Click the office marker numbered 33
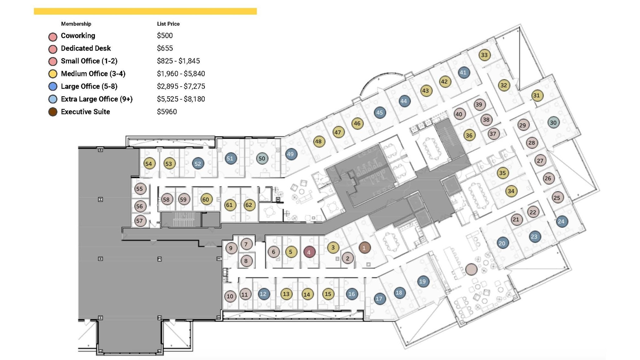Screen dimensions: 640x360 tap(484, 55)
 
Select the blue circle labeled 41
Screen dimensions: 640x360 tap(463, 72)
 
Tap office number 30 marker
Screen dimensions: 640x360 tap(553, 122)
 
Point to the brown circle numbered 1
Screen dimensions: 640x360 tap(364, 248)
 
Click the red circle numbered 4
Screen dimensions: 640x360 tap(309, 252)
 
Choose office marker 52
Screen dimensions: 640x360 tap(198, 163)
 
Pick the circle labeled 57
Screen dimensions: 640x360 tap(140, 221)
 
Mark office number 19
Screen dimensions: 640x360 tap(422, 281)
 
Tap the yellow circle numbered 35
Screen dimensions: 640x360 tap(502, 173)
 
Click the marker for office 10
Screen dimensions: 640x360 tap(230, 296)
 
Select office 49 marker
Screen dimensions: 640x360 tap(291, 154)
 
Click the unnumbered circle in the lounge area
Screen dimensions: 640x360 tap(471, 269)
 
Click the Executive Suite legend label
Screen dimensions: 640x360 tap(85, 112)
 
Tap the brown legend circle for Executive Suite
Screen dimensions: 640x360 tap(53, 112)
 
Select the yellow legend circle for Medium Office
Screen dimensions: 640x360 tap(53, 74)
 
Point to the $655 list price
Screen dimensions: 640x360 tap(165, 48)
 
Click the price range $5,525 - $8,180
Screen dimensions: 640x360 tap(181, 99)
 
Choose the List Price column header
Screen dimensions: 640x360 tap(168, 24)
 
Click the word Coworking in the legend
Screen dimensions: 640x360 tap(78, 36)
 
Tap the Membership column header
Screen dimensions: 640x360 tap(76, 24)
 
